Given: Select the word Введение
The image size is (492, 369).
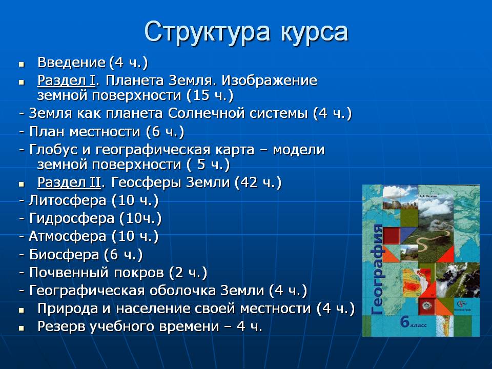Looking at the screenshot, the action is pos(72,63).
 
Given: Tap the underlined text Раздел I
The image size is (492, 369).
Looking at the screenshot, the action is pos(66,80).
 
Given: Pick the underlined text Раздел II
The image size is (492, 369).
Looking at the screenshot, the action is pos(69,182).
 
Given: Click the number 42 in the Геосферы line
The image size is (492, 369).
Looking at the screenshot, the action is pos(249,182).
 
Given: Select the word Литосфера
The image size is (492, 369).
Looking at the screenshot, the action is pos(68,200).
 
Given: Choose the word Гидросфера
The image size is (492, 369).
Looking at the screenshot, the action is pos(72,219).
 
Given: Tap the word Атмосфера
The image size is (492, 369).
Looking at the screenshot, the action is pos(68,237).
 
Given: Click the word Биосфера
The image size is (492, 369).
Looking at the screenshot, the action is pos(65,255).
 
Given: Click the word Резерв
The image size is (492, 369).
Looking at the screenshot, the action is pos(61,326).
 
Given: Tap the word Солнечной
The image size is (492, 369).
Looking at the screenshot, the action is pos(207,114).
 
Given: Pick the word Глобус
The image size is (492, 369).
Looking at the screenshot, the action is pos(53,150).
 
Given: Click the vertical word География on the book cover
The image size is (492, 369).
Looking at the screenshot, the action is pos(377,270).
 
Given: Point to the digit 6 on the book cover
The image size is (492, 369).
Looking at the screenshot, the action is pos(405,322).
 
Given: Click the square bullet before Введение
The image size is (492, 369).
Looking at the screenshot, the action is pos(22,65).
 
